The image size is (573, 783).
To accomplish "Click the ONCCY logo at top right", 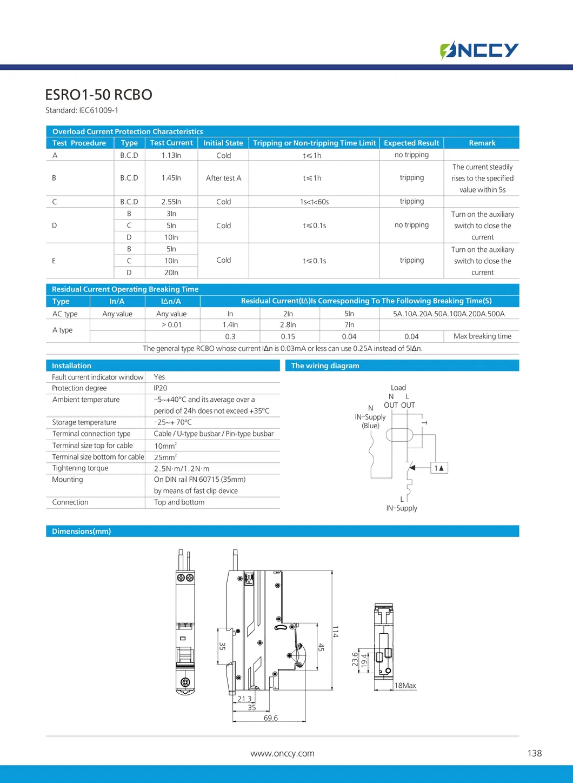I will pos(479,50).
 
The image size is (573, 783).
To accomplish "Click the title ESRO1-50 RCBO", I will pos(98,95).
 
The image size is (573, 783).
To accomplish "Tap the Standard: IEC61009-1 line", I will pos(82,110).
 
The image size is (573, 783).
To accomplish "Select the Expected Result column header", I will pos(411,143).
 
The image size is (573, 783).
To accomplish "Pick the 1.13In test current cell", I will pos(171,155).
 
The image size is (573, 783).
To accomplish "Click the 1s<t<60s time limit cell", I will pos(314,202).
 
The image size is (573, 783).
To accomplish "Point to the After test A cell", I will pos(223,178).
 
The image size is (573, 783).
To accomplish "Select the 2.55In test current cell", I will pos(171,202).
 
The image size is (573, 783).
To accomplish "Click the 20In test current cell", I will pos(171,273).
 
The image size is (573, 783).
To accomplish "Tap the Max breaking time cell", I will pos(482,336).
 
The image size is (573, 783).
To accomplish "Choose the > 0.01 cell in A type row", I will pos(171,325).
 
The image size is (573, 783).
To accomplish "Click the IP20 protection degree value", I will pos(161,388).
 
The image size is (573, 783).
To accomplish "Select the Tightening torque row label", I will pos(80,468).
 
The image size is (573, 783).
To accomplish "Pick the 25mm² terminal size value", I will pos(165,457).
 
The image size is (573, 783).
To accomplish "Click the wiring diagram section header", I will pos(325,366).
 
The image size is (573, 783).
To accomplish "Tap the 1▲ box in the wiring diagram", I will pos(439,468).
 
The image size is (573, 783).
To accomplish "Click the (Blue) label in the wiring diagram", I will pos(370,426).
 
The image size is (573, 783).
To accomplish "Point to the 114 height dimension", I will pos(335,631).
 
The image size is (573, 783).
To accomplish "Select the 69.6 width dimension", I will pos(271,718).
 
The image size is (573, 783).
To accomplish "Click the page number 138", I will pos(534,753).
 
